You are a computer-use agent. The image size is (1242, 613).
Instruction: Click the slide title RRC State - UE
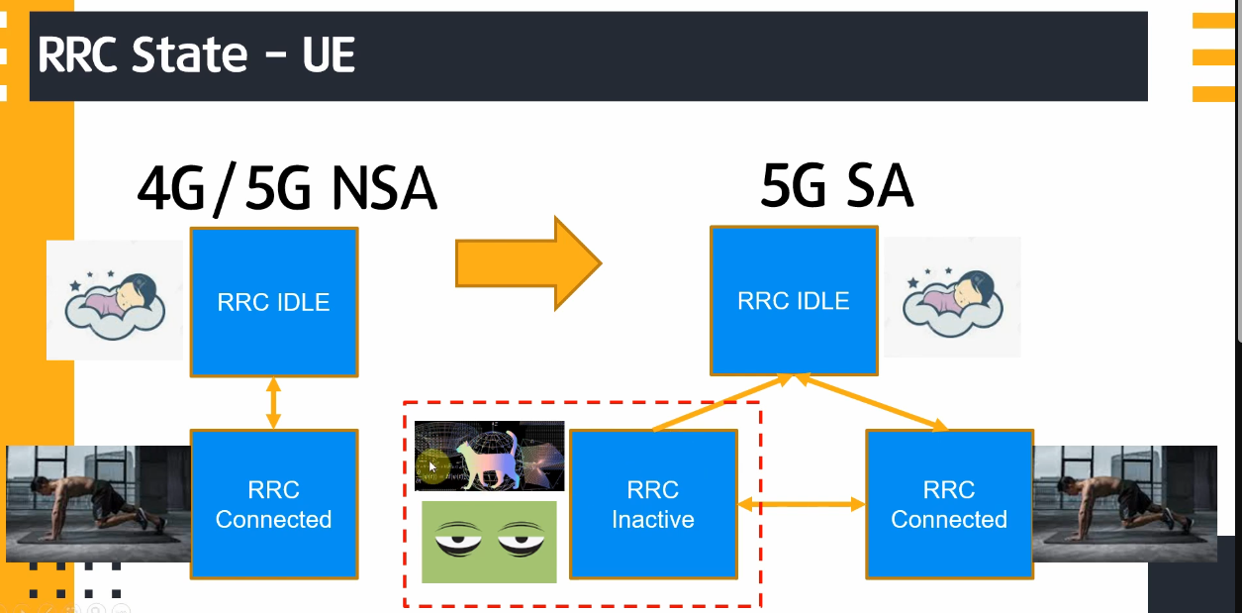196,55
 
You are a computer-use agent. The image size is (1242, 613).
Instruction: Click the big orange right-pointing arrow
527,262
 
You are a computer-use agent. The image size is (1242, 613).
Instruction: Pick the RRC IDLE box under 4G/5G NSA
274,302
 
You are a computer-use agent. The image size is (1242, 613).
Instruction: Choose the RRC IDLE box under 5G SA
794,300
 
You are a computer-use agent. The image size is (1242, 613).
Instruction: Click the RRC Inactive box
653,504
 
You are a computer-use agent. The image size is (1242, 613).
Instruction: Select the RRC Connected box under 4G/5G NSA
274,504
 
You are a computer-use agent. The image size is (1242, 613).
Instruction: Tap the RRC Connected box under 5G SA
949,504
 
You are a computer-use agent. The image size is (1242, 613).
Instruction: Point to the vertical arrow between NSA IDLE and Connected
274,403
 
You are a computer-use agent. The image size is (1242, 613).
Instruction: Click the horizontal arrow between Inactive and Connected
801,504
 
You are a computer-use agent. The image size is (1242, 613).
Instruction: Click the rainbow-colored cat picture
489,456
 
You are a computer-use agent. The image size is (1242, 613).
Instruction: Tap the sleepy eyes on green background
489,542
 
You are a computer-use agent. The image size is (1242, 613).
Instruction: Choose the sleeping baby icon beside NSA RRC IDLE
115,300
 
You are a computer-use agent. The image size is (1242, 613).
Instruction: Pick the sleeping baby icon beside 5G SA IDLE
951,297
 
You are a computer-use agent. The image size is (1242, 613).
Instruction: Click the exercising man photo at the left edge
98,503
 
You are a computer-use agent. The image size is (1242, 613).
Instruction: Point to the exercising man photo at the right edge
1124,505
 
